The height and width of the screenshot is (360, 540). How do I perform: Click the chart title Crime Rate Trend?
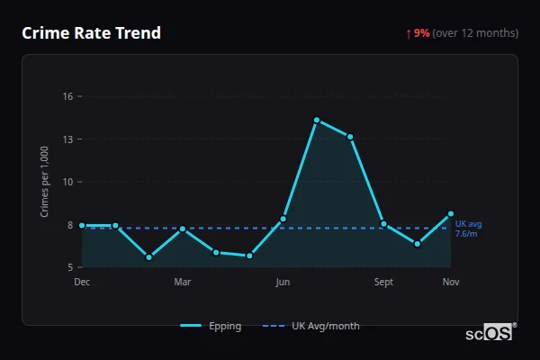tap(91, 33)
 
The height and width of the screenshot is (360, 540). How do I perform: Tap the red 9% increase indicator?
tap(421, 33)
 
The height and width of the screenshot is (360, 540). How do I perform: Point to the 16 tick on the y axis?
tap(67, 96)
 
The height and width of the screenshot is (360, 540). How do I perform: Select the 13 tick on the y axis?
tap(67, 139)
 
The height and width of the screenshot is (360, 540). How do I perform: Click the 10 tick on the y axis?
tap(67, 182)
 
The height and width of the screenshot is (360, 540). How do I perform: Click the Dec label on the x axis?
tap(82, 282)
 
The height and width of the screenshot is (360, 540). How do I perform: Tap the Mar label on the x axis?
tap(182, 282)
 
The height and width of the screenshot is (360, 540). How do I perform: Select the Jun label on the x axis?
tap(283, 282)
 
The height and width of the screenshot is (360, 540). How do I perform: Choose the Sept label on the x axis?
tap(383, 282)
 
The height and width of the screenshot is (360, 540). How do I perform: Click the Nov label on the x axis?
tap(451, 282)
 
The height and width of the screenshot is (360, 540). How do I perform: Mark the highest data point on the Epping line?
tap(317, 120)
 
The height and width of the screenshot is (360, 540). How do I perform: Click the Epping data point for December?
tap(82, 225)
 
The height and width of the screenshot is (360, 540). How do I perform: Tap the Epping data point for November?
tap(451, 214)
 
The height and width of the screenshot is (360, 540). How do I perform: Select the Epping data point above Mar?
tap(183, 229)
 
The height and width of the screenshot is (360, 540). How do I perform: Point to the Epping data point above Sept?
tap(383, 223)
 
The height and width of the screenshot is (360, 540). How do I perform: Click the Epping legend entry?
tap(211, 326)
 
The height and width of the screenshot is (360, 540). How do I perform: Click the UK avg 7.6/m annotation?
tap(468, 229)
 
